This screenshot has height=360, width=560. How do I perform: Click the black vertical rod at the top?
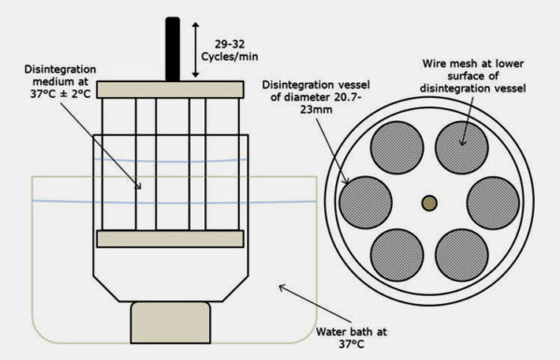[174, 48]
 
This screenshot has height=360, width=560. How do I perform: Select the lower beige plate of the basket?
[171, 239]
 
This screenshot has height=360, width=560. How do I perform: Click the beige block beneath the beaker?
[170, 323]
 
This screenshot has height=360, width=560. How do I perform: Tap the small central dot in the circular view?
[429, 202]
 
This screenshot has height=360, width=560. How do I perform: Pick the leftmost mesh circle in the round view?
[365, 202]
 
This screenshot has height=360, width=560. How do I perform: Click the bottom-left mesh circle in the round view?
[397, 255]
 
